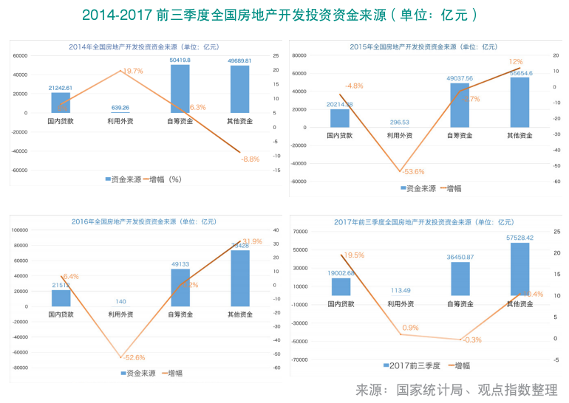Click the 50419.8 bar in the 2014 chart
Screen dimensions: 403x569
tap(180, 89)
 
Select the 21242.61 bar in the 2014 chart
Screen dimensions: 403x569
tap(61, 103)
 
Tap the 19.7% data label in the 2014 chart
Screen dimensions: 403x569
tap(133, 71)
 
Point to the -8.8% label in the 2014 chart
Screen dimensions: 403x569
tap(251, 159)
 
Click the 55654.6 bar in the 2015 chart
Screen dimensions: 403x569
tap(519, 103)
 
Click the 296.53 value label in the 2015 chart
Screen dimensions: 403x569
tap(400, 122)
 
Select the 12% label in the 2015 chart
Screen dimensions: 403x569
tap(515, 62)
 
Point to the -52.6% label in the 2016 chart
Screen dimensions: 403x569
tap(132, 358)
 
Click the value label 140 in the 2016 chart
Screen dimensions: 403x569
tap(120, 301)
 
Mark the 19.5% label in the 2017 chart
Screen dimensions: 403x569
tap(353, 255)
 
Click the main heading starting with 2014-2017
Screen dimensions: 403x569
tap(284, 15)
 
